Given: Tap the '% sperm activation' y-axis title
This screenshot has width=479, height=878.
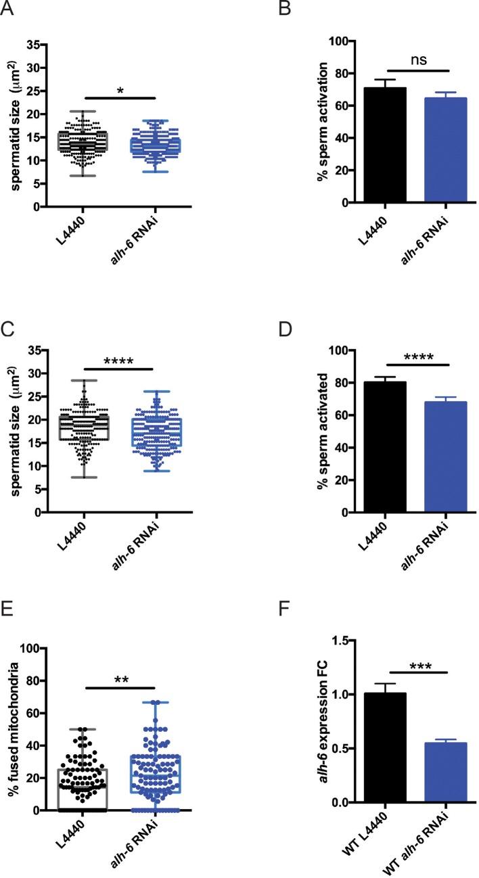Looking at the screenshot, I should [x=304, y=122].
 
